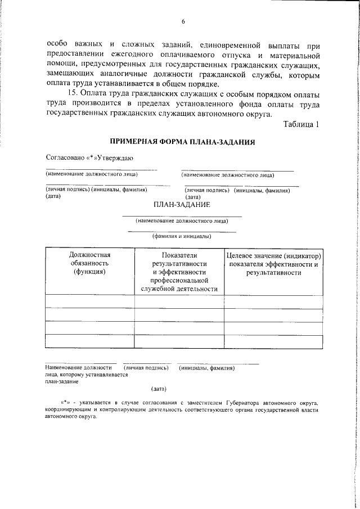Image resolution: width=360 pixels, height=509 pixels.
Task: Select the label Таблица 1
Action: tap(301, 124)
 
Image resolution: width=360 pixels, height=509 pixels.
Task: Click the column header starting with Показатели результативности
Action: tap(179, 272)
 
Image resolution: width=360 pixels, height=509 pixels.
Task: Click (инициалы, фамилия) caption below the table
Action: tap(206, 368)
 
